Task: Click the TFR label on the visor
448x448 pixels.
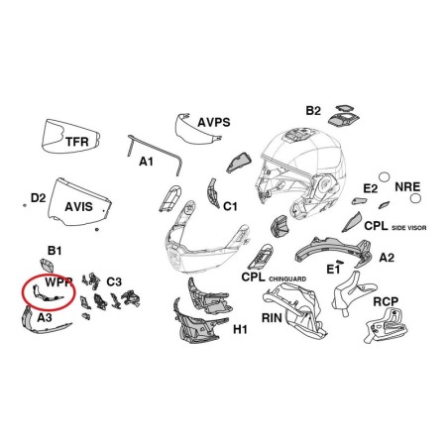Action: pyautogui.click(x=77, y=142)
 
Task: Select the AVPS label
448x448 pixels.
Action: pyautogui.click(x=214, y=122)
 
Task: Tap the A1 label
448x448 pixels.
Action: pyautogui.click(x=146, y=162)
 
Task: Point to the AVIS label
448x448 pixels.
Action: pyautogui.click(x=78, y=207)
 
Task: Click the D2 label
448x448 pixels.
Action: pyautogui.click(x=38, y=198)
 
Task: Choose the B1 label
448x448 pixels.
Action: pyautogui.click(x=55, y=251)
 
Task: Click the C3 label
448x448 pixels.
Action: pyautogui.click(x=114, y=281)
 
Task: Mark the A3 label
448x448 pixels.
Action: pyautogui.click(x=45, y=317)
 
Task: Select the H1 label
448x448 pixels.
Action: pyautogui.click(x=240, y=329)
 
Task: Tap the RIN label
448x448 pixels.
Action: pyautogui.click(x=272, y=318)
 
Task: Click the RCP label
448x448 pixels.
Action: pyautogui.click(x=386, y=301)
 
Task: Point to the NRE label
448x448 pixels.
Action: pyautogui.click(x=407, y=187)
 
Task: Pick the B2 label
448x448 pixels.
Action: pyautogui.click(x=313, y=111)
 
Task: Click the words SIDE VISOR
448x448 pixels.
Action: pyautogui.click(x=408, y=228)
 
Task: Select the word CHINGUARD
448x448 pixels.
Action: pyautogui.click(x=287, y=280)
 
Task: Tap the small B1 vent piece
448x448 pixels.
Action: pyautogui.click(x=48, y=265)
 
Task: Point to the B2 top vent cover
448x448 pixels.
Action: pyautogui.click(x=344, y=116)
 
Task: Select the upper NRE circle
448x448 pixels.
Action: pyautogui.click(x=384, y=177)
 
